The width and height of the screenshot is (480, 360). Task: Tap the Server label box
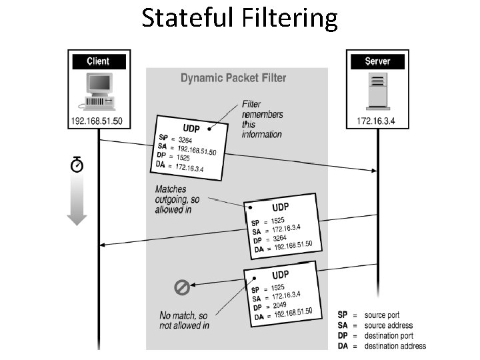(x=378, y=61)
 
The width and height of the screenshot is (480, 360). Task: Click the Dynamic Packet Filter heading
(x=233, y=78)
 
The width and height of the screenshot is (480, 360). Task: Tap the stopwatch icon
(x=77, y=164)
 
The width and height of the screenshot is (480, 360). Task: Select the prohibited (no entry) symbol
(x=182, y=287)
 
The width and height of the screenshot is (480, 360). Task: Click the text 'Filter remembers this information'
(x=261, y=119)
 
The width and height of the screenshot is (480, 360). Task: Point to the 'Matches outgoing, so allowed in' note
(x=177, y=199)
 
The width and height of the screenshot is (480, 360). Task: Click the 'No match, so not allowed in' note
(x=185, y=320)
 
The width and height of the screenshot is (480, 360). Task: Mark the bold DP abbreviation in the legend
(x=343, y=335)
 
